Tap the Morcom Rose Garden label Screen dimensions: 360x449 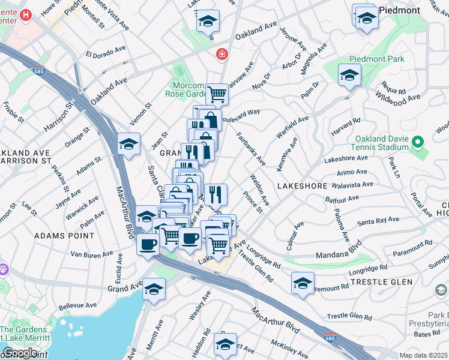[x=185, y=89]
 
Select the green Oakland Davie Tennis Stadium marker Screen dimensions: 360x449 [x=418, y=142]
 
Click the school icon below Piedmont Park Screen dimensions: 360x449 [x=348, y=76]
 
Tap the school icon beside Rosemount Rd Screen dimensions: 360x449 [x=303, y=283]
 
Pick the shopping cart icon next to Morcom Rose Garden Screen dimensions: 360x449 [x=217, y=94]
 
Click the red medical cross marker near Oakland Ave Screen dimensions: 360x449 [x=222, y=55]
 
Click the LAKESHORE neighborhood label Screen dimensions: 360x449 [x=301, y=187]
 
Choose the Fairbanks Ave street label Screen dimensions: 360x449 [x=250, y=149]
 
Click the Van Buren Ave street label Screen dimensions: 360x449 [x=92, y=254]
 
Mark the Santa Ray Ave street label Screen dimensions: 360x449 [x=378, y=221]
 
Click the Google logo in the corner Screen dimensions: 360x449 [x=19, y=353]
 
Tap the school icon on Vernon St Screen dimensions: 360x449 [x=129, y=144]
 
